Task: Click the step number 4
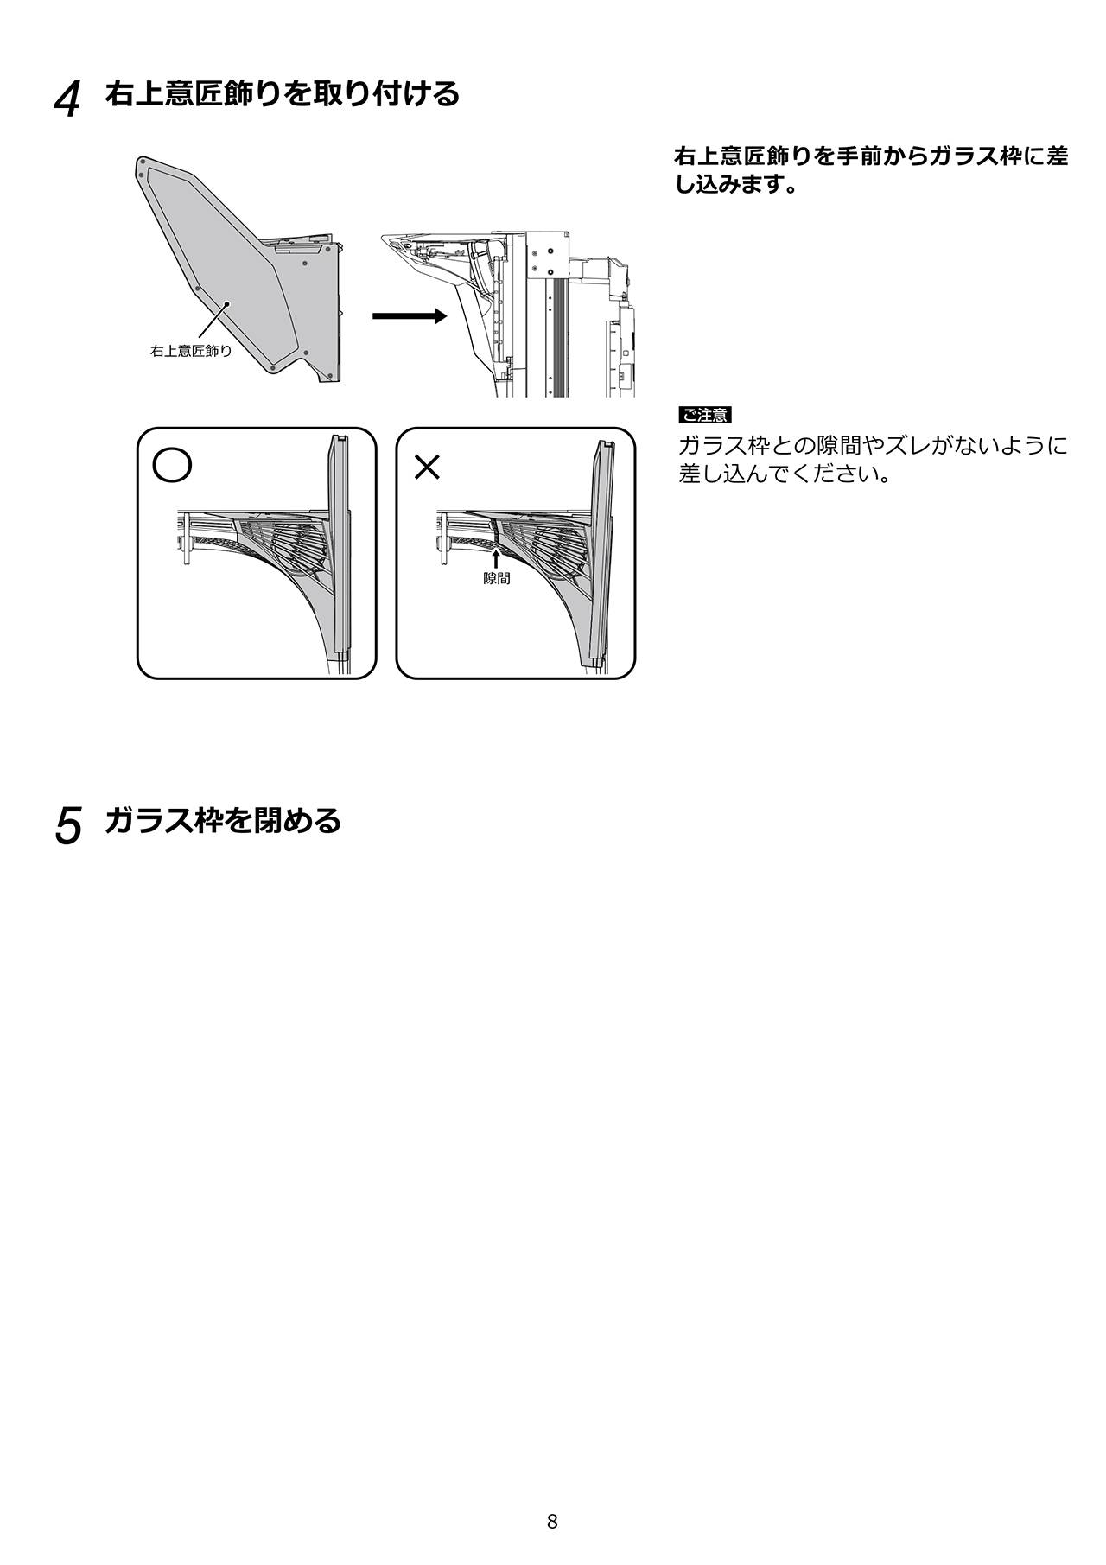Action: pos(67,99)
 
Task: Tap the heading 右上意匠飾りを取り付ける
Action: pos(283,93)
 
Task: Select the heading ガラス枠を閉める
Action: pos(223,820)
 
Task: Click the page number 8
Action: pos(552,1473)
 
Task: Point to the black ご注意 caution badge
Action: pos(705,416)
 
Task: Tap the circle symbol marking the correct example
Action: pos(172,464)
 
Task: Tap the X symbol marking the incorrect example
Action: pos(428,467)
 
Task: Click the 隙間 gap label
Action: pos(496,579)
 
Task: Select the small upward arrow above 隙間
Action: pos(496,558)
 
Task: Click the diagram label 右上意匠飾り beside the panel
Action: pos(191,351)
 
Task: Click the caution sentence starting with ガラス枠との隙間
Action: pos(873,460)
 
